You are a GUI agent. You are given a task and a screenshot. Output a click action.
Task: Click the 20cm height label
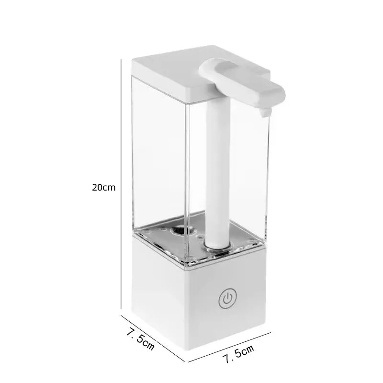(x=103, y=187)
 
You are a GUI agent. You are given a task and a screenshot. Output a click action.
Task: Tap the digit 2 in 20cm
(x=94, y=187)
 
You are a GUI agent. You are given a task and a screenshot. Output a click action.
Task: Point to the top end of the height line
(x=120, y=61)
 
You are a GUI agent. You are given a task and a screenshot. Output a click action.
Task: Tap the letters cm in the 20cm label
(x=110, y=187)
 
